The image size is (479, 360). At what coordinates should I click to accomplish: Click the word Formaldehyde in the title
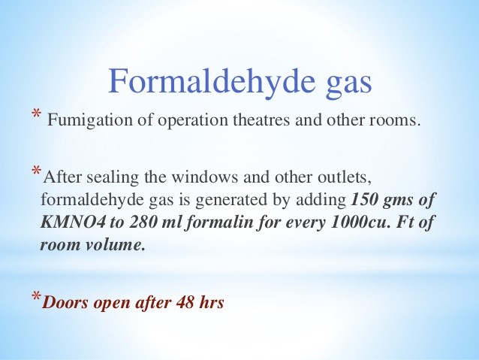coord(212,81)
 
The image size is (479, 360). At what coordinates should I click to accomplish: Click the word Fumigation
coord(90,120)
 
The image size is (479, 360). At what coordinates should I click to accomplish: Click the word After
coord(62,177)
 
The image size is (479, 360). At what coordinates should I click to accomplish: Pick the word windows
coord(204,177)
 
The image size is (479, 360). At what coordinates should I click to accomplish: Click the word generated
coord(243,200)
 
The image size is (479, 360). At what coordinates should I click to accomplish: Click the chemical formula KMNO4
coord(73,222)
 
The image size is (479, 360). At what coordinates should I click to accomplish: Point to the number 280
coord(142,222)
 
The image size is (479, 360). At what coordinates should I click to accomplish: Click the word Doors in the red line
coord(65,302)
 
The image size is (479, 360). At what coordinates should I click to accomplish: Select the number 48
coord(185,302)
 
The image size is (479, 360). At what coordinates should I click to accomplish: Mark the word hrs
coord(212,302)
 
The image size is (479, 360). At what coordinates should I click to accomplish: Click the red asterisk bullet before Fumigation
coord(36,114)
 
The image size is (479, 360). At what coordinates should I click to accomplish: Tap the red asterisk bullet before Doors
coord(36,296)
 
